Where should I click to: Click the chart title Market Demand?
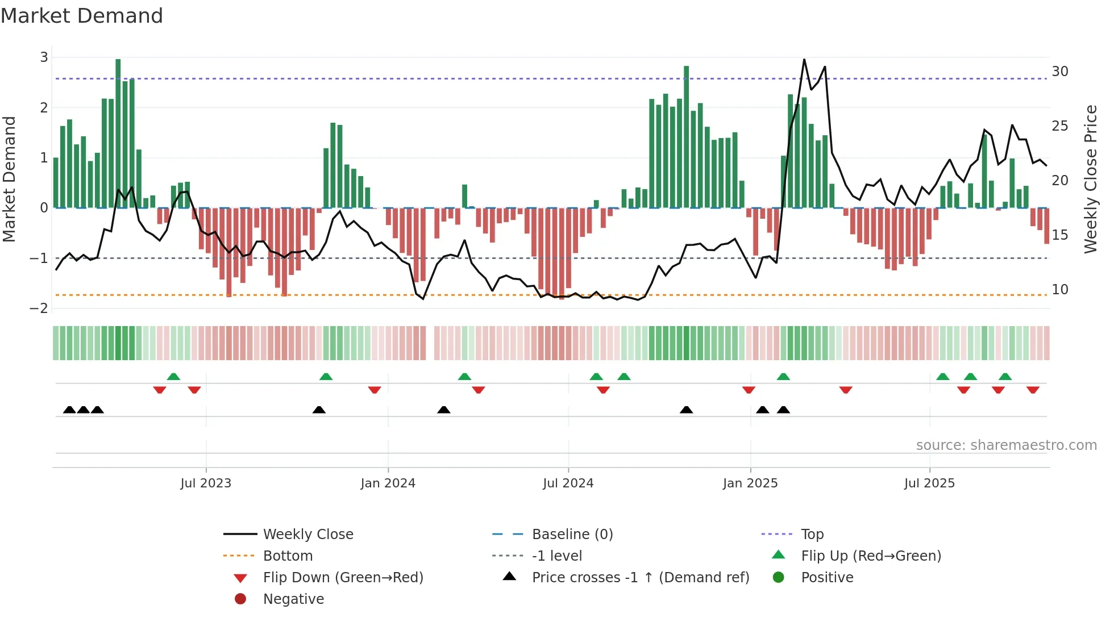(82, 16)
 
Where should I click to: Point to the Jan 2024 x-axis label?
(388, 483)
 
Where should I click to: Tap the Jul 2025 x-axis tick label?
(929, 483)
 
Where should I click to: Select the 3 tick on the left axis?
(44, 57)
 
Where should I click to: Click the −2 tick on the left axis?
(39, 308)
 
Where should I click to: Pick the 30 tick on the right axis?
(1059, 72)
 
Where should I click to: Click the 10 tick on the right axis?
(1059, 290)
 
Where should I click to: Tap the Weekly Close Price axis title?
(1090, 179)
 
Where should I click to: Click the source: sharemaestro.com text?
(1006, 445)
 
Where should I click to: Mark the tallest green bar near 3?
(118, 133)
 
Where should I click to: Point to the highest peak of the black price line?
(804, 60)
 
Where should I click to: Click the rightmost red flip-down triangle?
(1033, 390)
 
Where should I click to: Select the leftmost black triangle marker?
(69, 410)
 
